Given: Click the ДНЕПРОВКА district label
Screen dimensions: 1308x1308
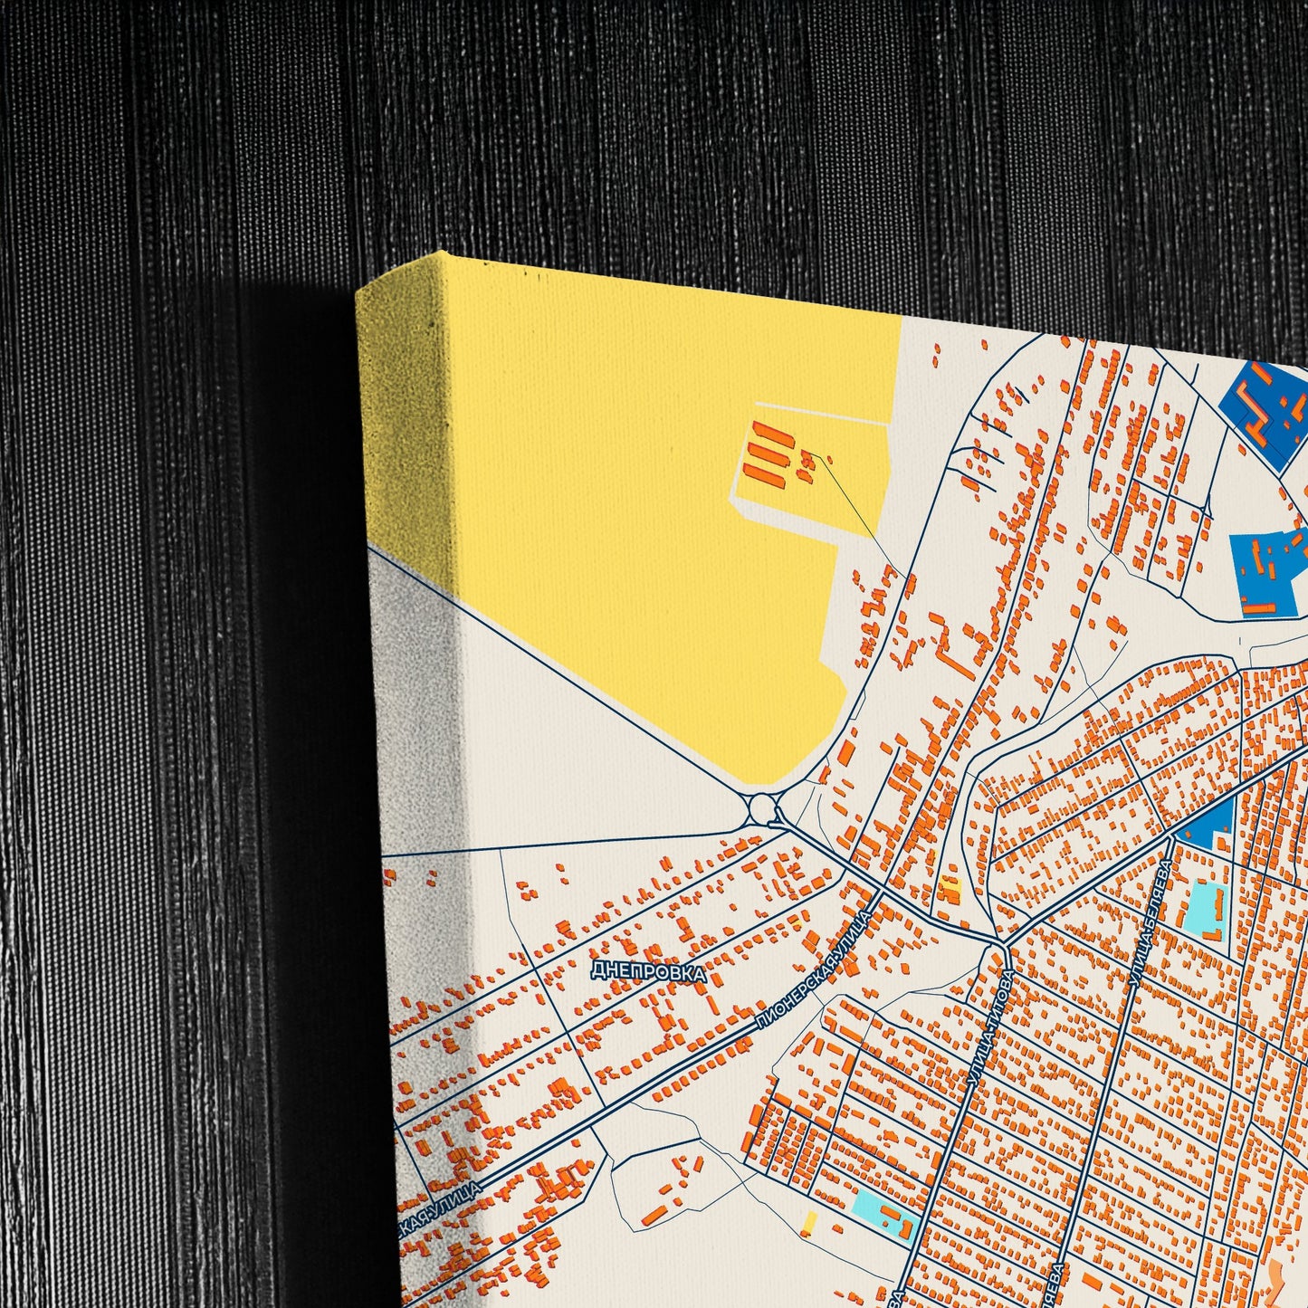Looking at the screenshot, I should click(647, 971).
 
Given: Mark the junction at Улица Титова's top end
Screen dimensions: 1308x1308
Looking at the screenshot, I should click(1002, 945).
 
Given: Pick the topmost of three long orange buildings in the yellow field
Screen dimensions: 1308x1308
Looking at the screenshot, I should click(772, 433).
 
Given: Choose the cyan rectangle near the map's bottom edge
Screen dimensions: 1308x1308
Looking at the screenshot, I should click(873, 1204).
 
